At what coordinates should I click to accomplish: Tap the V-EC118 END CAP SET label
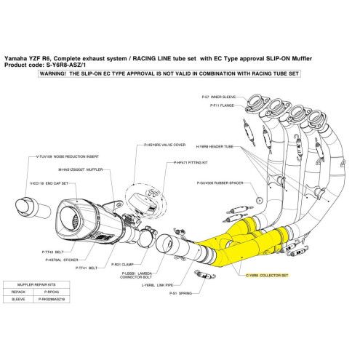(x=49, y=184)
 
